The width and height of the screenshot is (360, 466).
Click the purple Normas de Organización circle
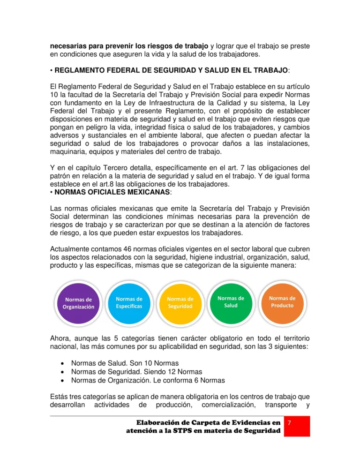point(78,303)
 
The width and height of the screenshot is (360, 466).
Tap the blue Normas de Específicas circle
point(129,302)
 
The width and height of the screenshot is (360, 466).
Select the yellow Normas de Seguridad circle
point(180,302)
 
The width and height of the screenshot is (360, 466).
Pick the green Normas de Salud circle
point(231,301)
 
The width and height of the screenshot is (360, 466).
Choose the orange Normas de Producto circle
point(282,301)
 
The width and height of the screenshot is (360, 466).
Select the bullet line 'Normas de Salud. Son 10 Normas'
point(119,363)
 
